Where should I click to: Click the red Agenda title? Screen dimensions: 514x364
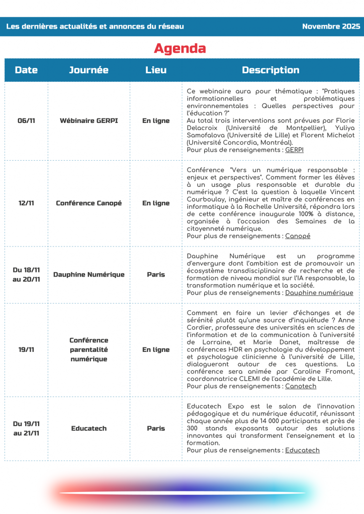click(x=179, y=49)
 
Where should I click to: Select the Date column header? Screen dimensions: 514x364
click(x=26, y=70)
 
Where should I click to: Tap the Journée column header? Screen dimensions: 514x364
click(x=88, y=70)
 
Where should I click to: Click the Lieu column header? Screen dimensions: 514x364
click(x=156, y=70)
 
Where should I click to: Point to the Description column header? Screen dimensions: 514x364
click(x=270, y=70)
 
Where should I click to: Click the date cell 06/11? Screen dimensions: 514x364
click(x=26, y=121)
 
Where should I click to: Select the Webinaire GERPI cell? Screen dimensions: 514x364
click(x=88, y=121)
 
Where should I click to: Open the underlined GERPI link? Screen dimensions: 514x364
click(x=294, y=150)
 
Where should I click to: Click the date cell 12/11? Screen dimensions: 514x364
click(x=26, y=203)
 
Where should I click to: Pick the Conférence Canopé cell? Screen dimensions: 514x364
click(x=88, y=203)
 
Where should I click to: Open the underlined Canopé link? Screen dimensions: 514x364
click(x=298, y=236)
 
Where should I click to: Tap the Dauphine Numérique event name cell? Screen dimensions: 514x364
click(x=88, y=275)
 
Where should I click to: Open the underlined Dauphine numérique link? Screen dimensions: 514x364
click(x=319, y=293)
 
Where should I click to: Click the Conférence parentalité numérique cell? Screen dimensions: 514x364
click(x=88, y=349)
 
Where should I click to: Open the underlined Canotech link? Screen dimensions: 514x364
click(x=301, y=386)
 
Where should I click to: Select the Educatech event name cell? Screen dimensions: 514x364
click(x=88, y=429)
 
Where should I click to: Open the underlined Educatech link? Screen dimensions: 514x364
click(x=302, y=450)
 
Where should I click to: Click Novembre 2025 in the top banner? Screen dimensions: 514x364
click(x=331, y=27)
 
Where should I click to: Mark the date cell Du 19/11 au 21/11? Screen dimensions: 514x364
click(x=26, y=429)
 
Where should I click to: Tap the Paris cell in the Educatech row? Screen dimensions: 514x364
click(x=156, y=429)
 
